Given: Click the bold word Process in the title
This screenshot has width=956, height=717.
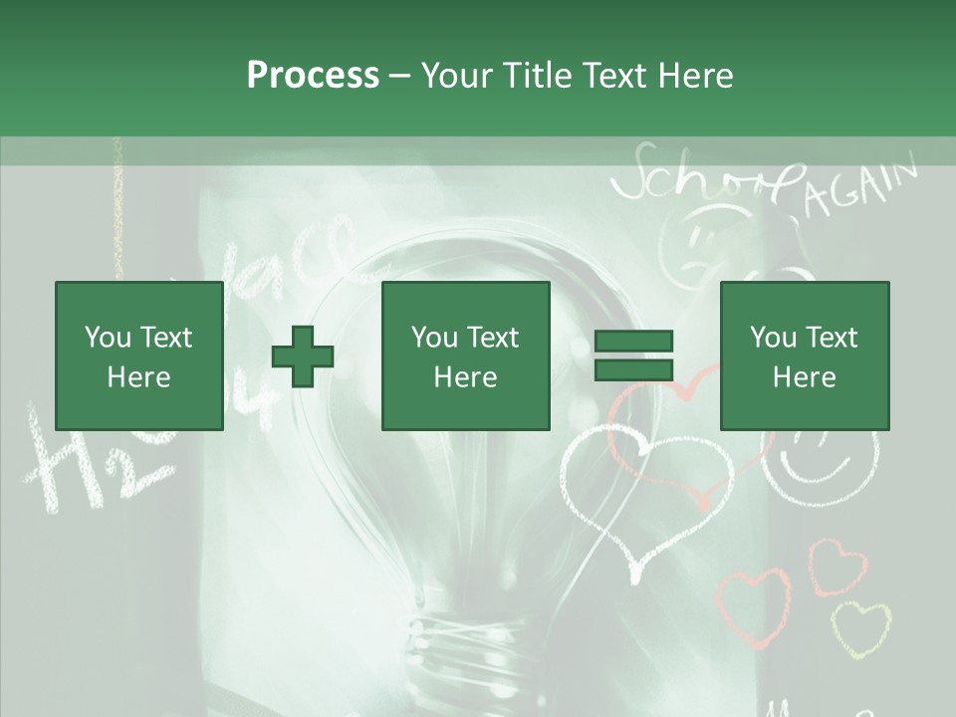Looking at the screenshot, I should click(313, 75).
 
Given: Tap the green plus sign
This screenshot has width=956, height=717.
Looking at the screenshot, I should click(303, 357).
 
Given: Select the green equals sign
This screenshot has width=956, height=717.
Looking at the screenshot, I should click(634, 356).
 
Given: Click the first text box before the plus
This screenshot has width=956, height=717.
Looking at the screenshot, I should click(138, 357).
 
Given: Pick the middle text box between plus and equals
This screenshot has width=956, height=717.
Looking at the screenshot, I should click(465, 357).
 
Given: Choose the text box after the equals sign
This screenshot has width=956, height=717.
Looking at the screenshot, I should click(804, 357).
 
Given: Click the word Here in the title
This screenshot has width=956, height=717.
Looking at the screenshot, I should click(695, 75).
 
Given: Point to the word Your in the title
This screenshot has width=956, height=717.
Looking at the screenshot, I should click(456, 75).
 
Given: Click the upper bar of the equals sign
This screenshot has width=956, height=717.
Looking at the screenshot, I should click(634, 342).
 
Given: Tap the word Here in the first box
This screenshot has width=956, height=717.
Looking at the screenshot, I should click(138, 377).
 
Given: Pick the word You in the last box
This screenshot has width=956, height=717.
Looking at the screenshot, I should click(773, 338).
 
